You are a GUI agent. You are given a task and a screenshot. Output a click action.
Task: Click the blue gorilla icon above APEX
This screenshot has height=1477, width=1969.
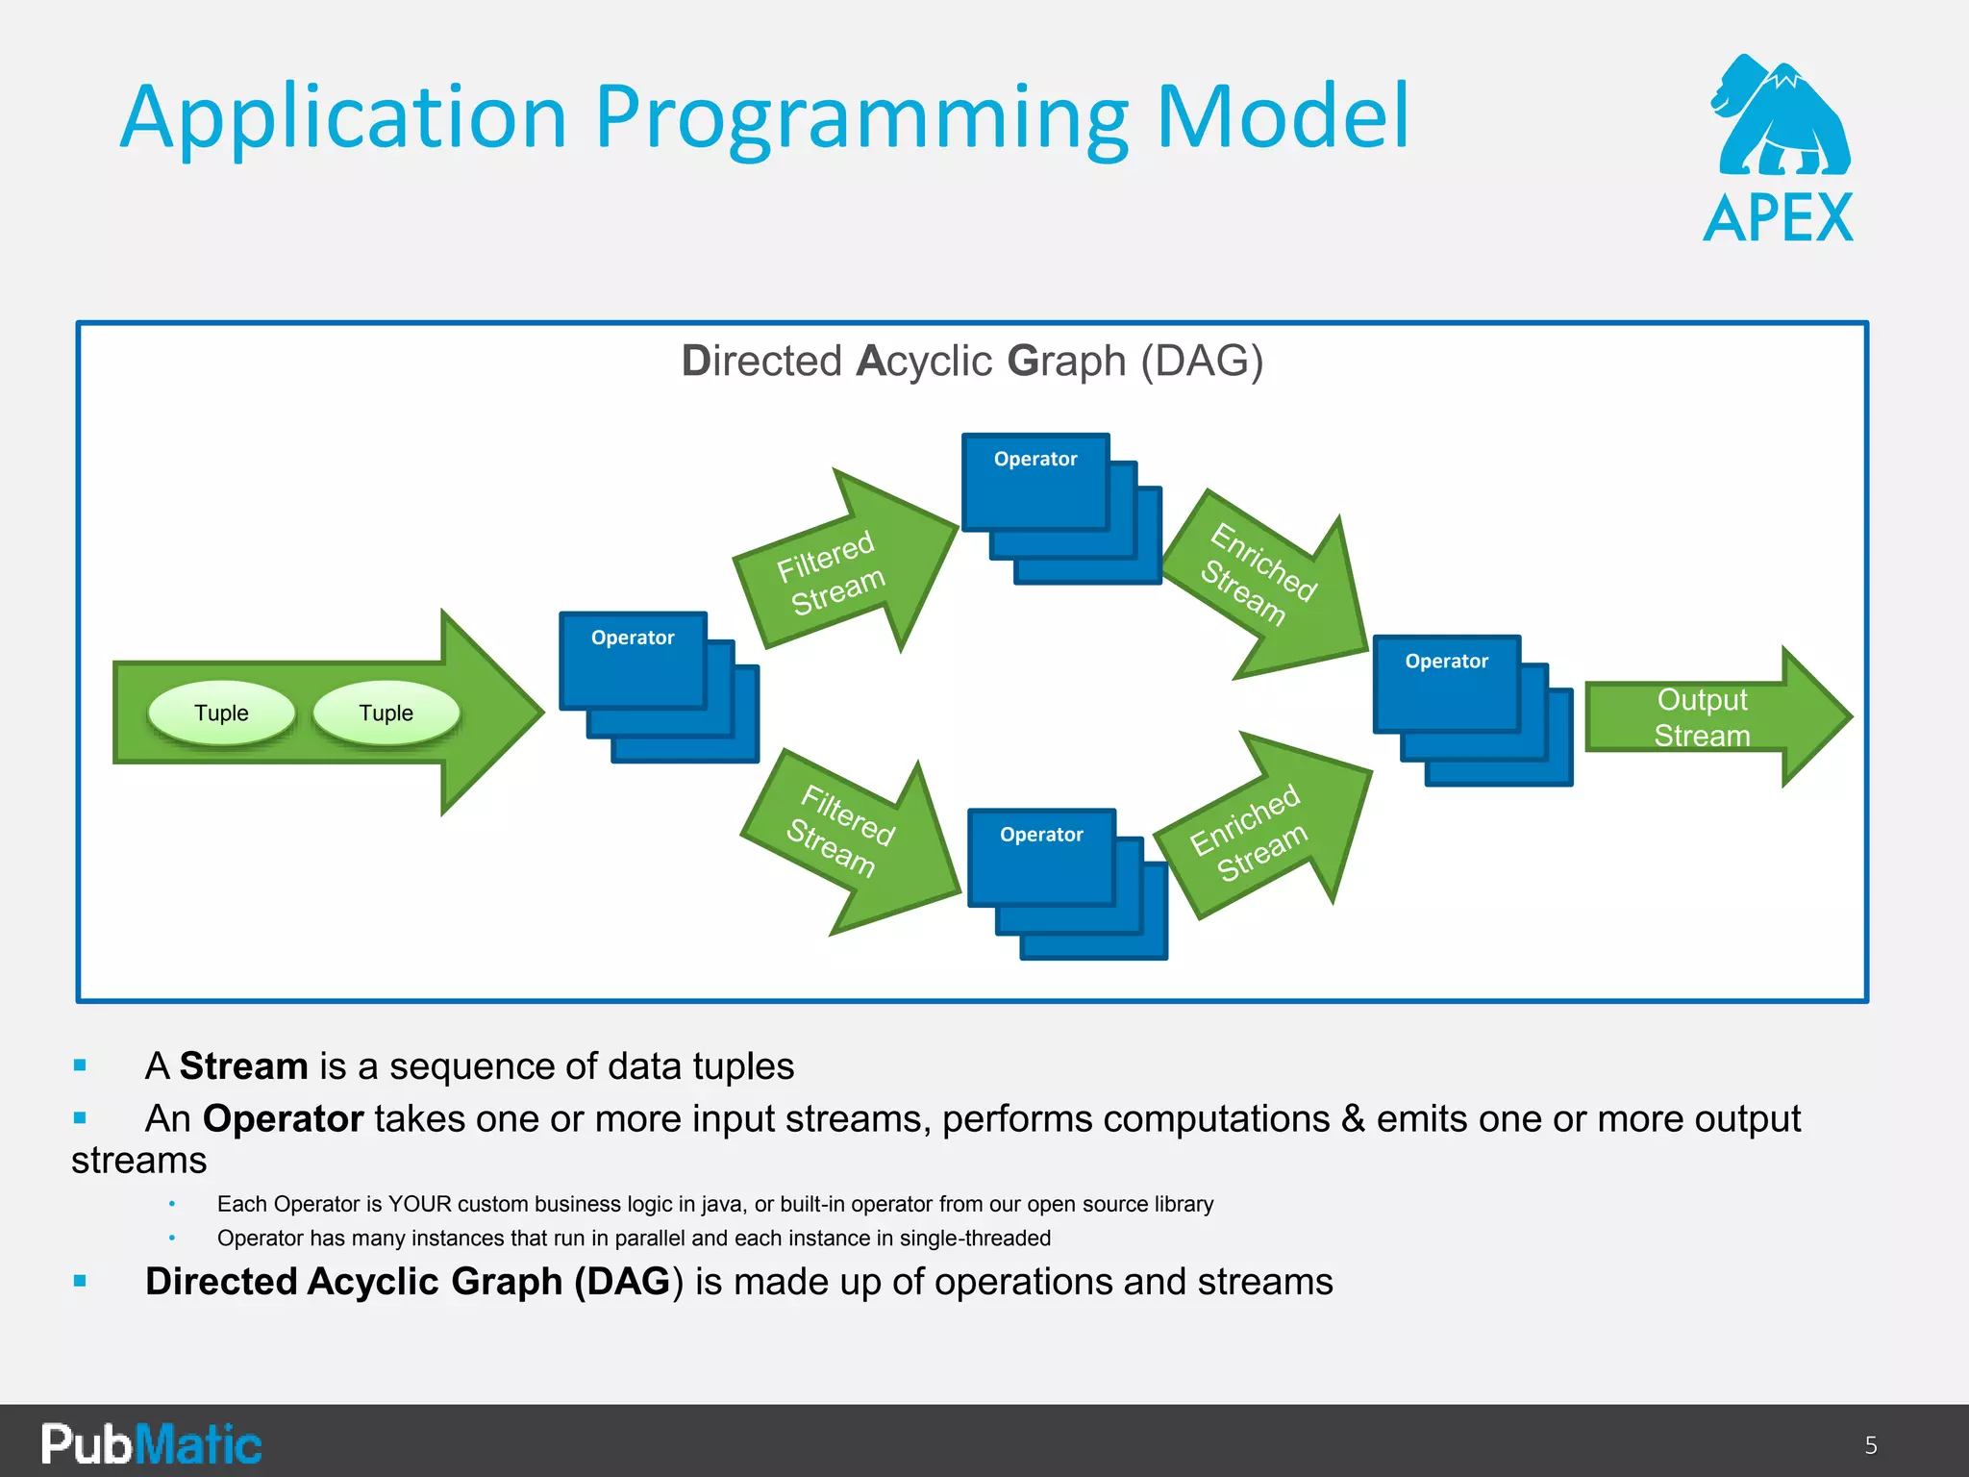tap(1781, 117)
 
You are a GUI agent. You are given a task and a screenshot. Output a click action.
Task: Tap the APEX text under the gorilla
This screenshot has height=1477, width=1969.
tap(1778, 219)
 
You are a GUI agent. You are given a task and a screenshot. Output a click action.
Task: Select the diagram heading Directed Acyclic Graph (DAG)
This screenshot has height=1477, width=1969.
tap(972, 362)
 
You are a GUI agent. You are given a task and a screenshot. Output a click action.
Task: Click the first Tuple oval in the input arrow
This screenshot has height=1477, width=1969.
tap(221, 713)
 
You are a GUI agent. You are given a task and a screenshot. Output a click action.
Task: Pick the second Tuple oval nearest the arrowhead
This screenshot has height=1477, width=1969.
tap(386, 713)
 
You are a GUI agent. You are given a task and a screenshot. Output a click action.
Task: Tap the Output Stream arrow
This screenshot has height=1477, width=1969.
tap(1707, 717)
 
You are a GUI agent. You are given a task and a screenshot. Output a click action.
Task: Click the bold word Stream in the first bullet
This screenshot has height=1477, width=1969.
tap(243, 1066)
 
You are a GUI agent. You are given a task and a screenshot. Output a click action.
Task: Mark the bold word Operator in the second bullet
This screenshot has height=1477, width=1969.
tap(283, 1119)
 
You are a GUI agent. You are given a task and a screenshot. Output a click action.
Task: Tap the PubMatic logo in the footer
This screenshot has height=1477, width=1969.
tap(151, 1443)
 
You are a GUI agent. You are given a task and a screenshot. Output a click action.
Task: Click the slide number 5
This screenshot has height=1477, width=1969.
tap(1870, 1445)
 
